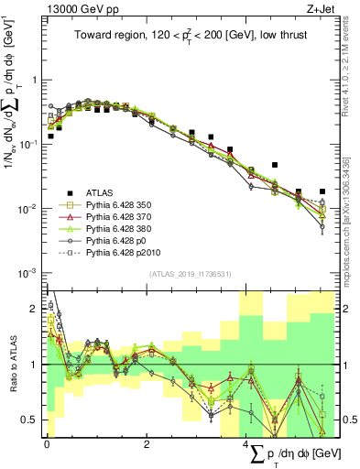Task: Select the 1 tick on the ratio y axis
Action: (36, 365)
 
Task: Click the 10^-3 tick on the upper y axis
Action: (27, 273)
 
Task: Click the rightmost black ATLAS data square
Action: (322, 191)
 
